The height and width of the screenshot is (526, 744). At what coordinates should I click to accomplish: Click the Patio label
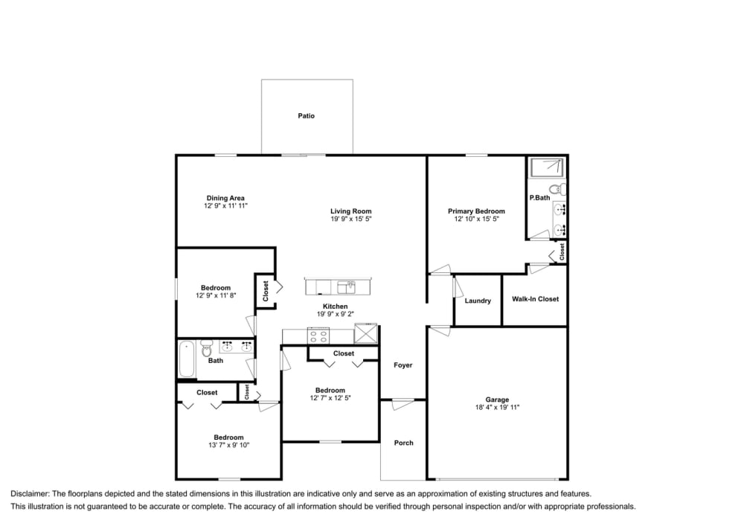(x=307, y=116)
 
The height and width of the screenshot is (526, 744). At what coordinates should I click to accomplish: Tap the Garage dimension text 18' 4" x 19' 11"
(x=497, y=408)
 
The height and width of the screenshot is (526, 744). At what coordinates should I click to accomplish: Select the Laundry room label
(x=478, y=301)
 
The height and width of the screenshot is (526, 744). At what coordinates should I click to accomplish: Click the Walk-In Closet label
(x=535, y=299)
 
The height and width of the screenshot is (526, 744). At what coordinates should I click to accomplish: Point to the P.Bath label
(x=539, y=198)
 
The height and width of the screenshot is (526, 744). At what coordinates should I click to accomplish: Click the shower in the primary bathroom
(x=547, y=167)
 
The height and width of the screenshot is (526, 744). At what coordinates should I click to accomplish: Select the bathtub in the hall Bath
(x=187, y=360)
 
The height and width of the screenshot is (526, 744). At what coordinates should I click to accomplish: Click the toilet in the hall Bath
(x=207, y=348)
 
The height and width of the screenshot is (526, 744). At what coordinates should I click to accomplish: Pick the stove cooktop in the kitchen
(x=319, y=336)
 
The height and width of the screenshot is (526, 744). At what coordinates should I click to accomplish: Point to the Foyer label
(x=403, y=365)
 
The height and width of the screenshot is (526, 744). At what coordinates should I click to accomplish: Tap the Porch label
(x=403, y=443)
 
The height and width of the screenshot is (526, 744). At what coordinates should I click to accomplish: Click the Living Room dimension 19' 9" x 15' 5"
(x=351, y=219)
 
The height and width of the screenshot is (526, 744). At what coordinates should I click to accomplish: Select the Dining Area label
(x=226, y=198)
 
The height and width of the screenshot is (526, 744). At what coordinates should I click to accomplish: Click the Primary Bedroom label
(x=476, y=211)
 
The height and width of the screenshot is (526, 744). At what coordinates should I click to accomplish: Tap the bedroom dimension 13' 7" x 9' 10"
(x=228, y=446)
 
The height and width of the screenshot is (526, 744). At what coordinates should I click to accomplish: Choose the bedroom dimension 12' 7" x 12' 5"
(x=330, y=398)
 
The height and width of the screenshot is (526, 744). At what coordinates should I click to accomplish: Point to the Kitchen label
(x=335, y=307)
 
